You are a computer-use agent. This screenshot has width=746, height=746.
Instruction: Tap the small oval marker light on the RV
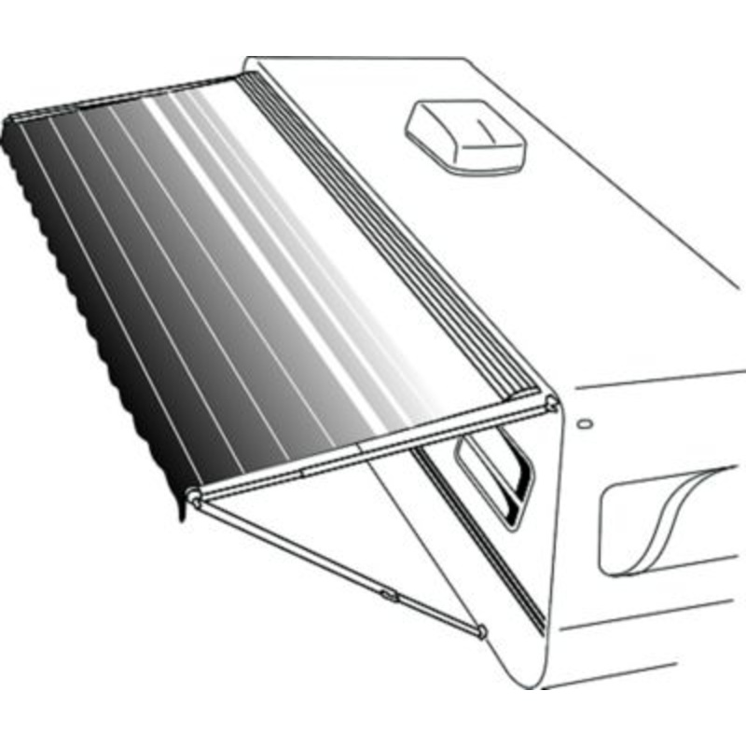tap(585, 422)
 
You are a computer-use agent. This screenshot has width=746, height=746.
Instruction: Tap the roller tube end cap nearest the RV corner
tap(551, 403)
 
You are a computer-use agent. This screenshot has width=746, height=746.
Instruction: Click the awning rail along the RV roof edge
tap(392, 233)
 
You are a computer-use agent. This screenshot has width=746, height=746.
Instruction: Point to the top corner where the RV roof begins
tap(248, 63)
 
